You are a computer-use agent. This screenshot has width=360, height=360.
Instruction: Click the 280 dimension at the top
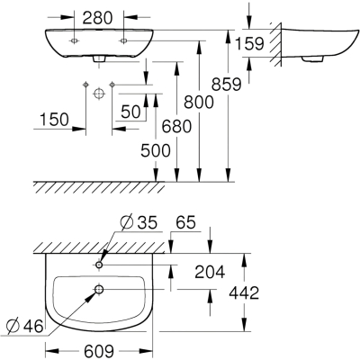pyautogui.click(x=97, y=18)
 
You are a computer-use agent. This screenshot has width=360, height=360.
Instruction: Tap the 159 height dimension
pyautogui.click(x=249, y=43)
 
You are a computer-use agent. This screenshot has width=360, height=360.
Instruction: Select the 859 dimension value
pyautogui.click(x=226, y=84)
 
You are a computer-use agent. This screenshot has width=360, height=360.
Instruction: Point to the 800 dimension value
pyautogui.click(x=199, y=102)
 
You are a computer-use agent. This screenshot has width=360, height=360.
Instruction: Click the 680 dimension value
pyautogui.click(x=176, y=126)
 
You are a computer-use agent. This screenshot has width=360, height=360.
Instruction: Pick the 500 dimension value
pyautogui.click(x=156, y=150)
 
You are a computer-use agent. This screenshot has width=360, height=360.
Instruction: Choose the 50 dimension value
pyautogui.click(x=130, y=112)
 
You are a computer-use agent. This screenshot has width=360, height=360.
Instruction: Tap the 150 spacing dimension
pyautogui.click(x=54, y=120)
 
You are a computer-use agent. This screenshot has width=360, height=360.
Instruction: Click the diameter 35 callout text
pyautogui.click(x=139, y=223)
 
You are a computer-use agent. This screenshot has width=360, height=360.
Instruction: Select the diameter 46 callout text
pyautogui.click(x=25, y=326)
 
